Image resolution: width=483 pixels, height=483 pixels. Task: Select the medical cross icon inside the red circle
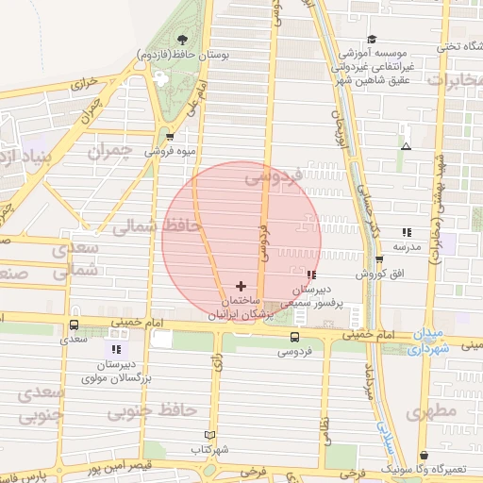tap(241, 285)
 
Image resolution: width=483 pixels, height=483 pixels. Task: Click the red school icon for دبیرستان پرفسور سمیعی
tap(311, 275)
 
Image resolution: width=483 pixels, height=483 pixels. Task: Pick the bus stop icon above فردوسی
tap(295, 336)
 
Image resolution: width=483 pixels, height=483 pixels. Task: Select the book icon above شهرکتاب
tap(210, 435)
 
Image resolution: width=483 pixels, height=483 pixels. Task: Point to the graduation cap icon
tap(372, 39)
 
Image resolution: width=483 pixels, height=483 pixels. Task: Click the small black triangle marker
tap(406, 147)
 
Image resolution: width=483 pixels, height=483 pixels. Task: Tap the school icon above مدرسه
tap(407, 231)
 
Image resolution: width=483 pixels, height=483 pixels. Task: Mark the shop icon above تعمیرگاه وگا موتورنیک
tap(425, 455)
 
